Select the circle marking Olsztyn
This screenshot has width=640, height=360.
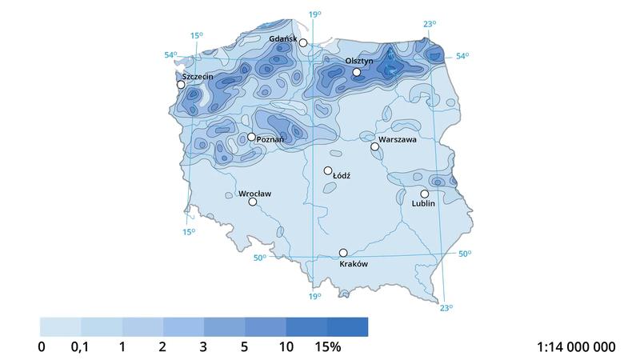(357, 72)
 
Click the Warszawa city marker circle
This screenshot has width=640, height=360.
(374, 146)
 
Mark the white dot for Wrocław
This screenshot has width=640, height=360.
(253, 202)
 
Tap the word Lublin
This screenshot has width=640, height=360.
(422, 204)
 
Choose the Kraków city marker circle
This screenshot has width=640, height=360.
(343, 253)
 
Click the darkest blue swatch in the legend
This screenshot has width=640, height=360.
(347, 326)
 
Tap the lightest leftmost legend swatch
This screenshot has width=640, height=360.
(60, 326)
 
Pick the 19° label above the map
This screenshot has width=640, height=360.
(314, 14)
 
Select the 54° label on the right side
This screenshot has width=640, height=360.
(462, 56)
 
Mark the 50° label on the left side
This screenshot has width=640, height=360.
(259, 258)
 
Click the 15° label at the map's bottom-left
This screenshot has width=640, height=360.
(188, 232)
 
